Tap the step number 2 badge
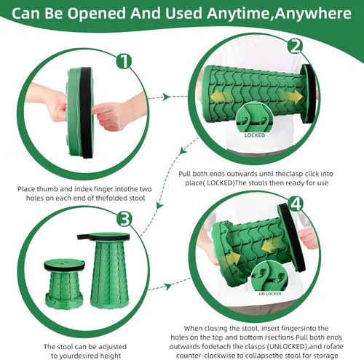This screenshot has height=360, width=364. (x=296, y=46)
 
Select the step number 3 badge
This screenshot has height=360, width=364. (x=124, y=219)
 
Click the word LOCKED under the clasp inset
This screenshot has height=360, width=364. (x=255, y=135)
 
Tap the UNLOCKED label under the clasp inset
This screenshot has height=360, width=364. (x=270, y=294)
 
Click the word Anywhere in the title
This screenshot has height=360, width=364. (x=313, y=13)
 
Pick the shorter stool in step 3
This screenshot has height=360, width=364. (x=64, y=284)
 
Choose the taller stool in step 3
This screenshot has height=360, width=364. (x=109, y=270)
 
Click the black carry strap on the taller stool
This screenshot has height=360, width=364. (x=84, y=236)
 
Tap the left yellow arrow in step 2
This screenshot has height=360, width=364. (x=218, y=97)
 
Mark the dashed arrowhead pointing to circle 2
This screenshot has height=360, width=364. (x=167, y=97)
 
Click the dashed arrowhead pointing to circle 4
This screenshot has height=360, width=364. (x=168, y=287)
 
